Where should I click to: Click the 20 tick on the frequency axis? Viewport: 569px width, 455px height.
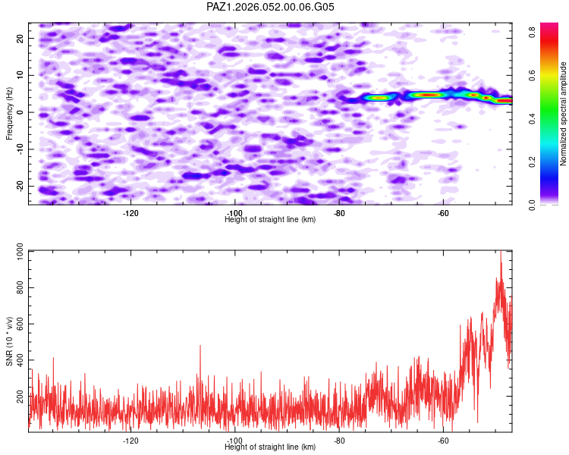point(20,38)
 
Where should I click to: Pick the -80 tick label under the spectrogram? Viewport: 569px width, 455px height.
point(339,212)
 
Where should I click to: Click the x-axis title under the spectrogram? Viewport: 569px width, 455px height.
point(270,220)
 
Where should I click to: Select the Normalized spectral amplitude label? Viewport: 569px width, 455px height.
point(564,114)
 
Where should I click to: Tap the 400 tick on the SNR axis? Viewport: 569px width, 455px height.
point(18,360)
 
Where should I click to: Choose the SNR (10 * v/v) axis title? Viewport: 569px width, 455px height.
point(9,341)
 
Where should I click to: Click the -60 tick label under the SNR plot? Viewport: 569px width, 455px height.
point(444,440)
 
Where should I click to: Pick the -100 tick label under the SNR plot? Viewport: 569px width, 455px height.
point(235,440)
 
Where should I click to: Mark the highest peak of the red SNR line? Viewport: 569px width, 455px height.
point(501,253)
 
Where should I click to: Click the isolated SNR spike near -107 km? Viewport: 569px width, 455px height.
point(200,347)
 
